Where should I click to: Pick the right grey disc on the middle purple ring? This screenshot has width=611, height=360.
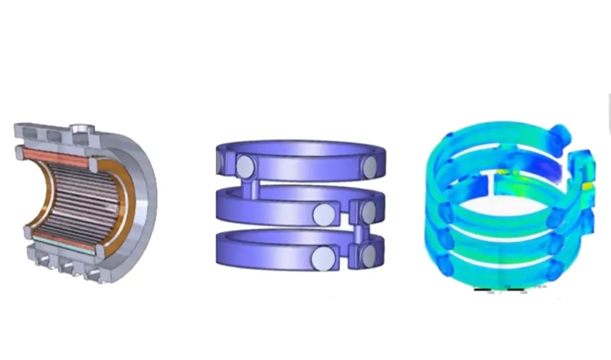point(368,211)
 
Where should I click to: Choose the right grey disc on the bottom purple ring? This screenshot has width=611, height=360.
point(368,255)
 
